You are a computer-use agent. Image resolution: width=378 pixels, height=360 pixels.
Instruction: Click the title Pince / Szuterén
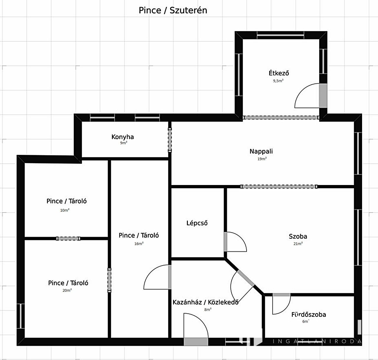click(x=173, y=10)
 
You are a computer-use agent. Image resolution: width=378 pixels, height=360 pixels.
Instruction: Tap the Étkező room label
click(x=278, y=73)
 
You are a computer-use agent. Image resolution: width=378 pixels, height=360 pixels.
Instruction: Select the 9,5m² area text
click(x=278, y=81)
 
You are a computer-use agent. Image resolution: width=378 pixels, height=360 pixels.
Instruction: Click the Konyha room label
click(x=123, y=137)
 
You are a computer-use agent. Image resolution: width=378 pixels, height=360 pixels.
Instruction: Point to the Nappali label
click(x=261, y=151)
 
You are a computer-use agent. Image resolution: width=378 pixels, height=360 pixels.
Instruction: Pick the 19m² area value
click(x=262, y=159)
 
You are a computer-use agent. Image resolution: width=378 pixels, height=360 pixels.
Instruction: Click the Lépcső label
click(x=197, y=223)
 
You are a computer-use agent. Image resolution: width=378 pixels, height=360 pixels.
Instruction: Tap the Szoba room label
click(x=298, y=236)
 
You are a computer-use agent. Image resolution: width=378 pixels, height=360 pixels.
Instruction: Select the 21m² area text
click(x=298, y=244)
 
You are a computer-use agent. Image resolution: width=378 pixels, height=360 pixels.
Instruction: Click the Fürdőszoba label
click(x=309, y=314)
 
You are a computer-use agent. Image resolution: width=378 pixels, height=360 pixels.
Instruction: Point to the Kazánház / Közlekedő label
click(x=206, y=302)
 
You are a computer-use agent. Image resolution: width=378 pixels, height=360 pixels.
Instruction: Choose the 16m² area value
click(x=139, y=244)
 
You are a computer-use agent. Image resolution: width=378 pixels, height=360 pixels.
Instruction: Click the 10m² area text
click(x=65, y=210)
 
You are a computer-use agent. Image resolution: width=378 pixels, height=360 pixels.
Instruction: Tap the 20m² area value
click(x=67, y=290)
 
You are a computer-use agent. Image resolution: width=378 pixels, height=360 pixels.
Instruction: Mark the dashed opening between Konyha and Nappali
click(x=170, y=140)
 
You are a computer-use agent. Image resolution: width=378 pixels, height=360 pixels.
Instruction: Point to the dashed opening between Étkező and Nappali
click(x=281, y=117)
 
